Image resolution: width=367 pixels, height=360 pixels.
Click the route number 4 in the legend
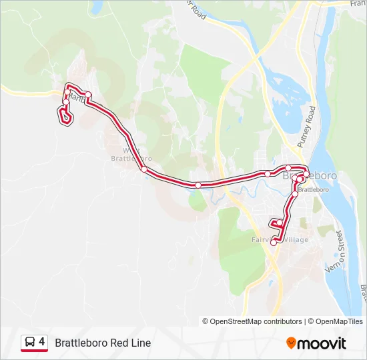point(42,342)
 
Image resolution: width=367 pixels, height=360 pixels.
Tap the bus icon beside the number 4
point(29,342)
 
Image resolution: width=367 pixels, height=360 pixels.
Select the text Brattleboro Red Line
point(103,343)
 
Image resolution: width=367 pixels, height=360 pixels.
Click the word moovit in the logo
point(322,343)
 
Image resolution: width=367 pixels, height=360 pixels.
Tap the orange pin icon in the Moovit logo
point(291,343)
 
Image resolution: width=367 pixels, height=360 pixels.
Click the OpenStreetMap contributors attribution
point(256,321)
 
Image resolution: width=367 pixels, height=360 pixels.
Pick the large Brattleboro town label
point(310,177)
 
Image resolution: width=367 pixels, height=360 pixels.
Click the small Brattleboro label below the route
point(314,190)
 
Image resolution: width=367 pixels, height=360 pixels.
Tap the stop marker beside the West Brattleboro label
point(143,169)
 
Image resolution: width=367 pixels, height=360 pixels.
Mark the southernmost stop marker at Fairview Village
point(274,243)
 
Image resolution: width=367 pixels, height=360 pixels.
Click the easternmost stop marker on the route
point(304,171)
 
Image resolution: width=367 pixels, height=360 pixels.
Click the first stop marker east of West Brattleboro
point(198,185)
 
